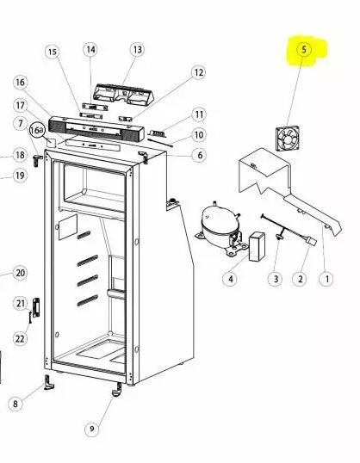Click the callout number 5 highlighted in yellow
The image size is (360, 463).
point(303,51)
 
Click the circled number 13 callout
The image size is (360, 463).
point(136,50)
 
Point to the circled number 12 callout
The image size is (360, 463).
point(198,73)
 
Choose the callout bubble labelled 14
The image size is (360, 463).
point(90,50)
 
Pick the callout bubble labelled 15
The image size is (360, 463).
point(53,53)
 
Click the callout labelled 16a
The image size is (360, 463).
point(37,130)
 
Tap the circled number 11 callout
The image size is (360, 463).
point(198,114)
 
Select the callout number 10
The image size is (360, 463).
point(198,135)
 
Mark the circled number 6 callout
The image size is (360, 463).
point(198,155)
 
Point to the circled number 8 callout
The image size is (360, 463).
point(15,403)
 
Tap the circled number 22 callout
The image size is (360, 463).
point(20,338)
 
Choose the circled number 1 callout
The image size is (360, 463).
point(326,278)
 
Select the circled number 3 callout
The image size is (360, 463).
point(275,278)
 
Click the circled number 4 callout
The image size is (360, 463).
point(231,278)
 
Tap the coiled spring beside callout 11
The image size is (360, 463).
point(159,132)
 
